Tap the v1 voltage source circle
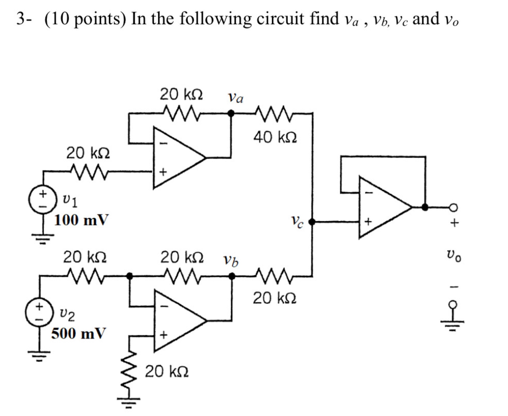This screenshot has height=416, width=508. (42, 200)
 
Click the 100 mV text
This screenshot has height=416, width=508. (81, 220)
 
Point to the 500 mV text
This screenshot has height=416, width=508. (78, 334)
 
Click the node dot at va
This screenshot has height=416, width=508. (231, 113)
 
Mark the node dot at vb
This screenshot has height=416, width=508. (232, 276)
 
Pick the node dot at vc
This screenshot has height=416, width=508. (312, 222)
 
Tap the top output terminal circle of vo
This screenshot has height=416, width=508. (453, 207)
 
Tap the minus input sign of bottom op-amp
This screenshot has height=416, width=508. (166, 306)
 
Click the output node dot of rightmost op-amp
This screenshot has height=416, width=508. (425, 207)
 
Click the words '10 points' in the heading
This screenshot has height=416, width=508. (85, 19)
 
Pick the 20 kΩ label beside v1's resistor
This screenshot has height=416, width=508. (88, 153)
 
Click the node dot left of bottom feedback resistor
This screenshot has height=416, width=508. (130, 276)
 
